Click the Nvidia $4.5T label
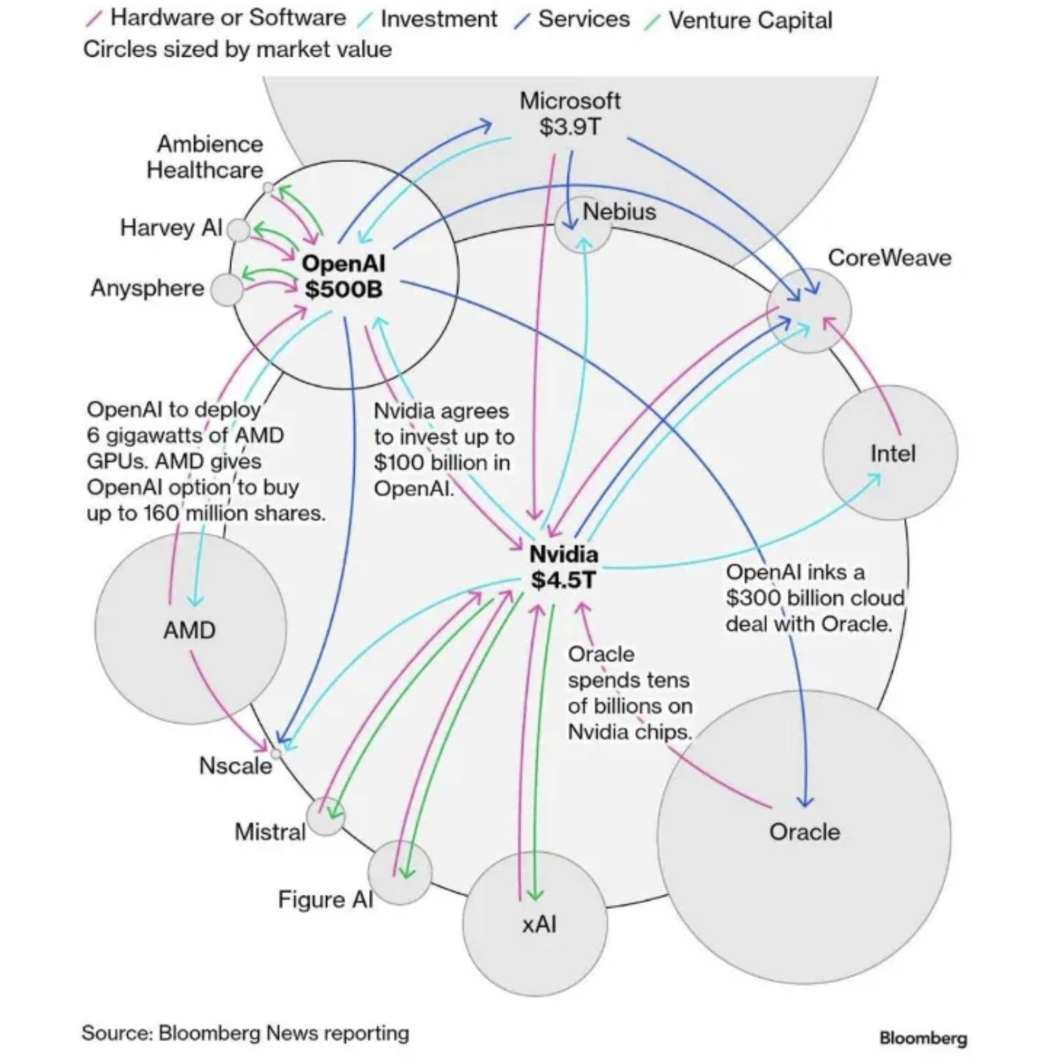564,567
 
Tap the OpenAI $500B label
343,276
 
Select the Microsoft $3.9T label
570,113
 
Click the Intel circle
890,452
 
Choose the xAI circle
535,924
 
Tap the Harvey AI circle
238,230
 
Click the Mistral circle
326,816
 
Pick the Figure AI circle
400,872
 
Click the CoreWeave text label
889,257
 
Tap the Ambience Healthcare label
205,157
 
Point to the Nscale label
235,766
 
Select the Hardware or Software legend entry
227,18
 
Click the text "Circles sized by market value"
237,49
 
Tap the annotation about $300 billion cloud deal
814,598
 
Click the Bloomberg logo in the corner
922,1038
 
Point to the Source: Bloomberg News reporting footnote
245,1033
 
